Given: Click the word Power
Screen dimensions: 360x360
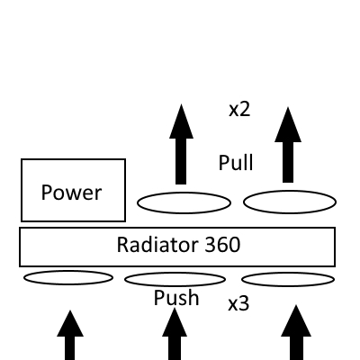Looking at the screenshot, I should pyautogui.click(x=72, y=192).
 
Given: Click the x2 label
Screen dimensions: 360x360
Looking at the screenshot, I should pyautogui.click(x=238, y=110).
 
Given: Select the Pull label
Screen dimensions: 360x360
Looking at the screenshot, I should pyautogui.click(x=236, y=163).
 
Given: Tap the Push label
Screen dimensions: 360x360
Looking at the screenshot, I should pyautogui.click(x=176, y=298).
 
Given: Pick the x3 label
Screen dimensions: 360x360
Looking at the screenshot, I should pyautogui.click(x=238, y=303).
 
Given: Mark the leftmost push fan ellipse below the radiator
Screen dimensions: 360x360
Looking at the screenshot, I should pyautogui.click(x=67, y=277).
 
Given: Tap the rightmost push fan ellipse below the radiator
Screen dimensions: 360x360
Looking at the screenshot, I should pyautogui.click(x=288, y=278).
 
